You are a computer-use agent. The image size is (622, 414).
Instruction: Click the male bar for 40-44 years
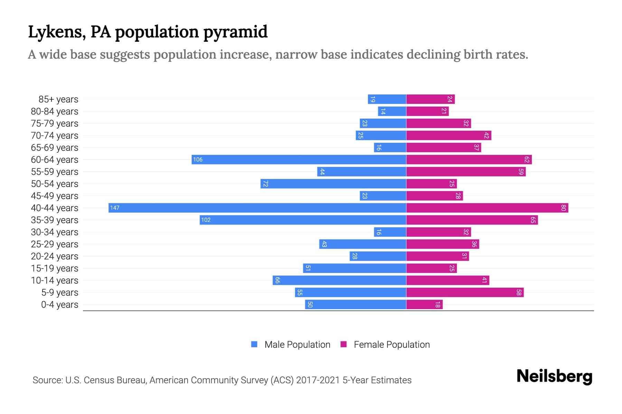point(257,208)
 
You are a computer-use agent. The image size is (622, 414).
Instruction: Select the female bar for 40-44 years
point(487,208)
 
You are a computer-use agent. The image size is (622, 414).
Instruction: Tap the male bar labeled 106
point(299,159)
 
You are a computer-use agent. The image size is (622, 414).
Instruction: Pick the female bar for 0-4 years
point(424,304)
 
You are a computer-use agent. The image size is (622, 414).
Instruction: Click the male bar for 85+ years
point(387,99)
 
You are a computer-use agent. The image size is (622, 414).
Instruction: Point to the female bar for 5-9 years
point(465,292)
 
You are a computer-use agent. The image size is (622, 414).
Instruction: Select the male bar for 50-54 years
point(333,184)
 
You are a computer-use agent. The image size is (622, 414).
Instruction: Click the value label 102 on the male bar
point(206,220)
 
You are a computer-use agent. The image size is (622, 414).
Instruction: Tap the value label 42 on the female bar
point(486,135)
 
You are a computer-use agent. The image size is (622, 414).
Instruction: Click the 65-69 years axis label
point(55,148)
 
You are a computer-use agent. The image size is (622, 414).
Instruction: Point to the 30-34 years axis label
point(55,232)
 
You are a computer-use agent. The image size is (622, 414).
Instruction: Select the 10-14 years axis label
point(55,280)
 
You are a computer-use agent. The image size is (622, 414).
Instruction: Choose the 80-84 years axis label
point(55,111)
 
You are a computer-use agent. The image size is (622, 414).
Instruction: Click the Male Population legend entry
point(297,344)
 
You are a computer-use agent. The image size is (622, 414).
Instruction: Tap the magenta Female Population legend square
point(343,344)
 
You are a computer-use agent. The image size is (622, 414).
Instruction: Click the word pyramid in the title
point(235,32)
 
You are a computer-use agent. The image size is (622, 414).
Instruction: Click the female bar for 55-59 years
point(466,171)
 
